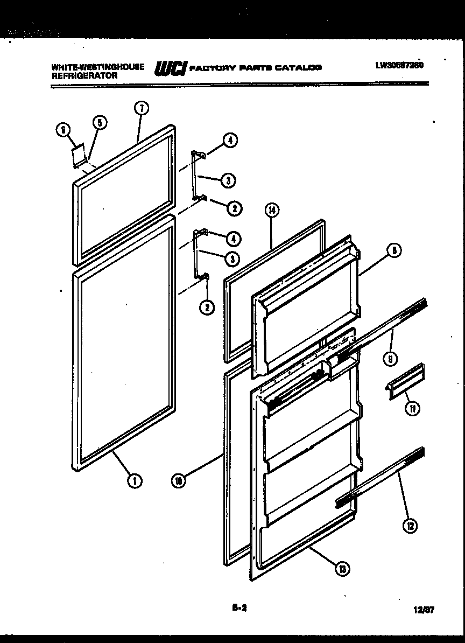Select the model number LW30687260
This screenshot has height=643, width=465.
(400, 65)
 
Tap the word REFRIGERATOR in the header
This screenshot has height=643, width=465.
(84, 76)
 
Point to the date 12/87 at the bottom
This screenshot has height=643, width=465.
(425, 610)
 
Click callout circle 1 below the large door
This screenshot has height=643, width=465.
(135, 480)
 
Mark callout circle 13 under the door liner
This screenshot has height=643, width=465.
(341, 569)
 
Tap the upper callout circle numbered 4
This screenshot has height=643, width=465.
(230, 141)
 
